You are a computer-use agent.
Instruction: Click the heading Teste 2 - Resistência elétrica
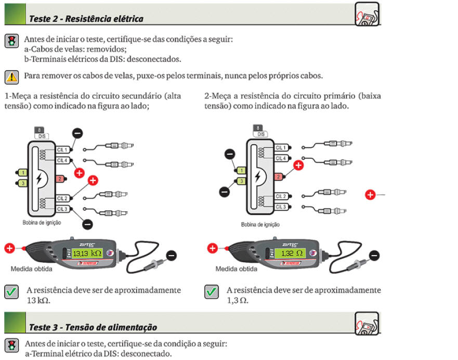pos(86,19)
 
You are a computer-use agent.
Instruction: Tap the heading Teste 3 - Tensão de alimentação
pos(93,327)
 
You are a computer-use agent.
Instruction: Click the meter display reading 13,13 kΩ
pos(87,254)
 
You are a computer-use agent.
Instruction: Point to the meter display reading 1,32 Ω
pos(289,254)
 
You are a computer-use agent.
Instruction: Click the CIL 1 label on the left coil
pos(63,149)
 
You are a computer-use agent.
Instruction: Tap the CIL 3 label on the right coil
pos(281,207)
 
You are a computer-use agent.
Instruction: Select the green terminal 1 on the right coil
pos(241,170)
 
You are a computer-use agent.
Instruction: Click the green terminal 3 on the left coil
pos(23,183)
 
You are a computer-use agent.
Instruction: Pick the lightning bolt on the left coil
pos(38,177)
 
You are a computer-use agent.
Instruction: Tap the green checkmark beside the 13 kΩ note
pos(11,292)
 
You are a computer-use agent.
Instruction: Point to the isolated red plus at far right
pos(370,195)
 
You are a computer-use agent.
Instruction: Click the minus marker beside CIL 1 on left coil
pos(77,133)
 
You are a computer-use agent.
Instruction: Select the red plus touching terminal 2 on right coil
pos(298,166)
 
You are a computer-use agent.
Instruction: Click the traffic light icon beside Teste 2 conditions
pos(11,41)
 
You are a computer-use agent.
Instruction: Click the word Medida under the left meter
pos(22,269)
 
